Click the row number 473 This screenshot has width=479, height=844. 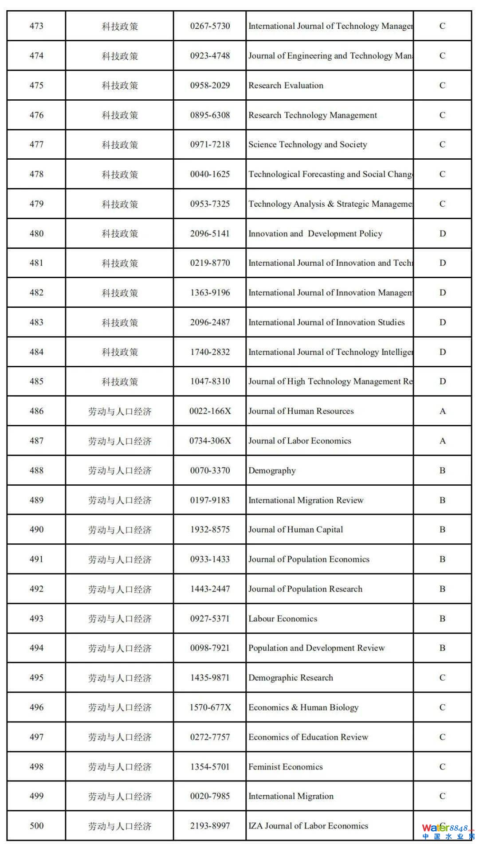(36, 26)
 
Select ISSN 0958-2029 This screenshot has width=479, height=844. (210, 86)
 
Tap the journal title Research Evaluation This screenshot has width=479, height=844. (286, 86)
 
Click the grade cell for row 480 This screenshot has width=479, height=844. (442, 234)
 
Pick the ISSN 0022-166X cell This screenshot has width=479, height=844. (210, 411)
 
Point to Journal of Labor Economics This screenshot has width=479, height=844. (299, 441)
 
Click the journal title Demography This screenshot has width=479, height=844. (272, 471)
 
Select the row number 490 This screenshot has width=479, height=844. (36, 530)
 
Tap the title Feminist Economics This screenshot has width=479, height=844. (285, 767)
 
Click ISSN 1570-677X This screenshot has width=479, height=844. (210, 707)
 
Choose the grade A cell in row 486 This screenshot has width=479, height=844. (442, 411)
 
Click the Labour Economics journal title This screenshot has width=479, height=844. (283, 619)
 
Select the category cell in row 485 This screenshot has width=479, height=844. (120, 381)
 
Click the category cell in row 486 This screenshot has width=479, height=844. (120, 411)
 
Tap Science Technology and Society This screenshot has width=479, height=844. (307, 145)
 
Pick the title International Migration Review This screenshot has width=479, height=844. (306, 500)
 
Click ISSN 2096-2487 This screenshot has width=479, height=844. (210, 322)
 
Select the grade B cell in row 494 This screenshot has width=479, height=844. (442, 648)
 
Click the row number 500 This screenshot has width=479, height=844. (36, 826)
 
